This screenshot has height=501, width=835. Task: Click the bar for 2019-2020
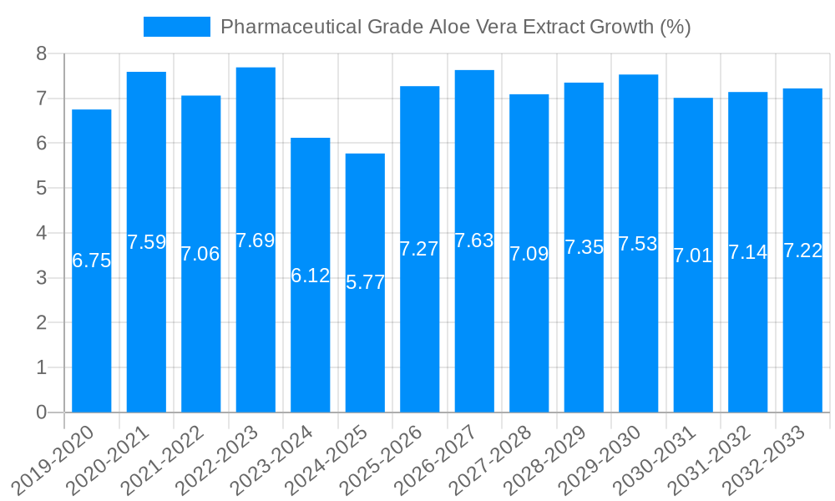tap(92, 334)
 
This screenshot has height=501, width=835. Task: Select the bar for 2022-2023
tap(256, 334)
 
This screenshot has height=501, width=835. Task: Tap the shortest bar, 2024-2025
tap(365, 351)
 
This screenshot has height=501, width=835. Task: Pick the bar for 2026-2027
tap(474, 334)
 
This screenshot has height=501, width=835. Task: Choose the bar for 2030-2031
tap(693, 334)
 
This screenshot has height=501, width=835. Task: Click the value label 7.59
tap(147, 242)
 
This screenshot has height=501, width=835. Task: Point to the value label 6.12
tap(311, 276)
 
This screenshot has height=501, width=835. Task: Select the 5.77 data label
tap(366, 282)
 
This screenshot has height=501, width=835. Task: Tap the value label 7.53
tap(638, 244)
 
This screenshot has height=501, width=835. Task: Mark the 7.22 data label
tap(802, 250)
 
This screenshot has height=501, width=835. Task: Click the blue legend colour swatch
tap(177, 27)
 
